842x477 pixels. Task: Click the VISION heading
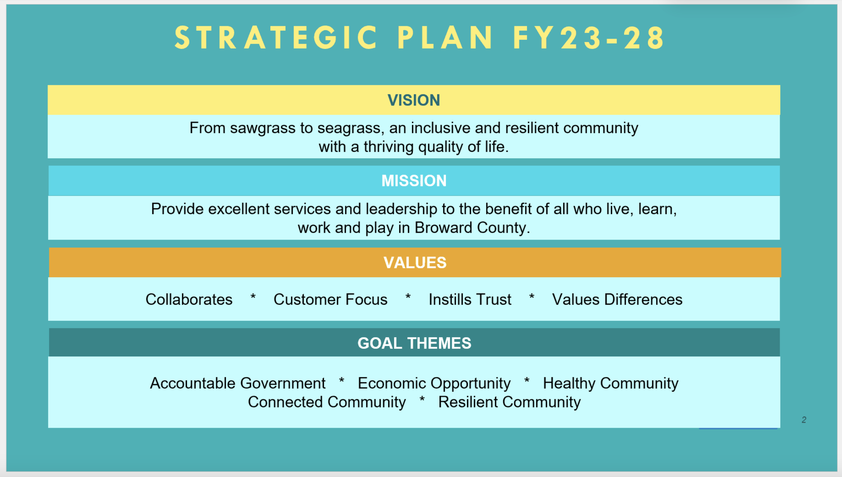(413, 100)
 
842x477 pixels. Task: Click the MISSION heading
(414, 181)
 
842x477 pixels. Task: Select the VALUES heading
(415, 263)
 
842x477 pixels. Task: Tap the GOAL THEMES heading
(414, 343)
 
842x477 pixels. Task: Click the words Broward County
(472, 228)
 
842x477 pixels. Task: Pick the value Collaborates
(189, 299)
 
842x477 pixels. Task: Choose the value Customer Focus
(330, 299)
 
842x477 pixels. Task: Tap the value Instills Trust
(470, 299)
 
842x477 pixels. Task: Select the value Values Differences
(617, 299)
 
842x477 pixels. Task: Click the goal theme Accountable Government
(238, 383)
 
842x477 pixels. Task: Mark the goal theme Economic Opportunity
(434, 383)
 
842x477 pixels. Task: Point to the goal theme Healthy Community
(610, 383)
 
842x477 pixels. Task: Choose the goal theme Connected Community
(327, 402)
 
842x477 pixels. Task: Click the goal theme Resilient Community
(509, 402)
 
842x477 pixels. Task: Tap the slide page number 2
(804, 420)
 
